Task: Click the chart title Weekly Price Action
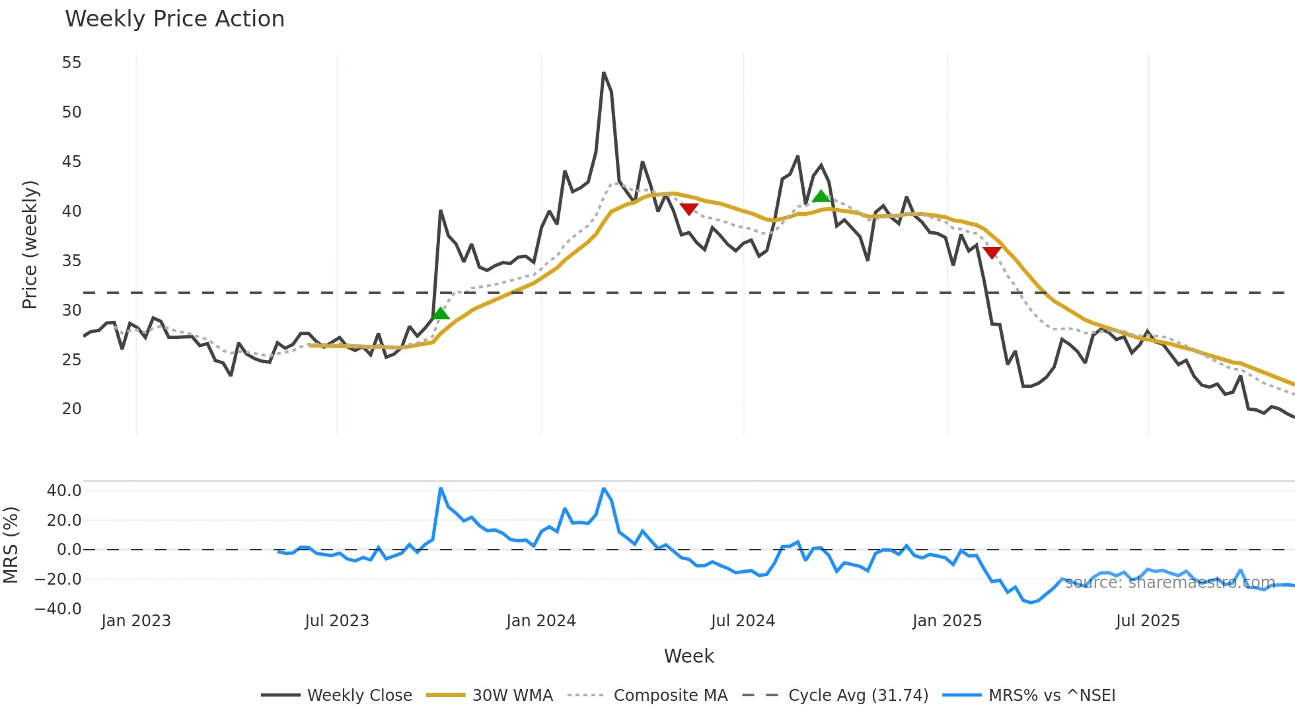pos(174,19)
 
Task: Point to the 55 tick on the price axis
pos(71,63)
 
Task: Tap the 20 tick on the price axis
pos(71,409)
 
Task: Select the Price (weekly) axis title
pos(30,244)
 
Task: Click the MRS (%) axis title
pos(11,545)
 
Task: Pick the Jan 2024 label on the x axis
pos(540,621)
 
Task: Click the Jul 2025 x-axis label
pos(1147,621)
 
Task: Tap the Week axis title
pos(688,656)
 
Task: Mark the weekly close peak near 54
pos(604,73)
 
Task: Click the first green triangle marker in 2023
pos(441,313)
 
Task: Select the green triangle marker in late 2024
pos(821,196)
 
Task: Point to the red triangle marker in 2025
pos(992,252)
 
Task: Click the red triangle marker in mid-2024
pos(689,209)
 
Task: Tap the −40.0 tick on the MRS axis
pos(58,608)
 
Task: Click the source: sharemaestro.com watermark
pos(1169,583)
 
